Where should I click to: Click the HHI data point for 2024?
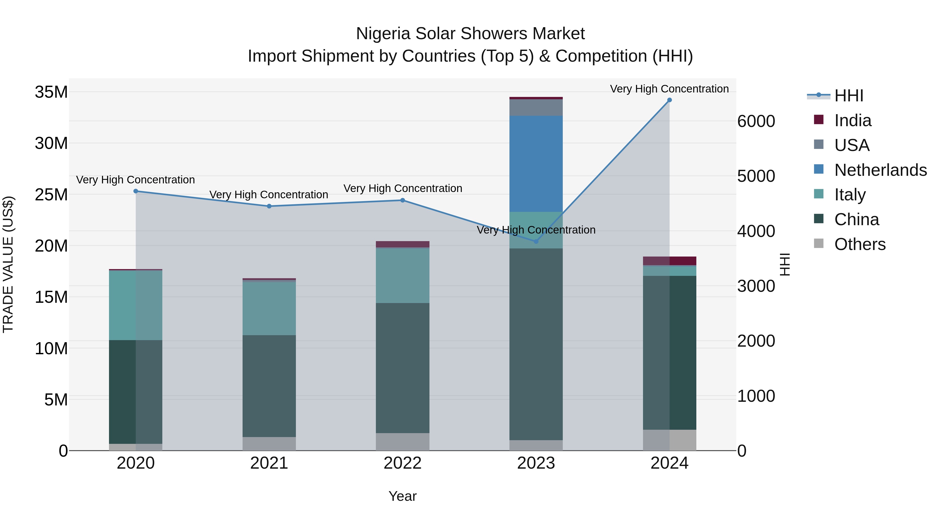[x=669, y=100]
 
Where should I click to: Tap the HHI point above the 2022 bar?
[x=403, y=200]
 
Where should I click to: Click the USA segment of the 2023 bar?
[x=536, y=107]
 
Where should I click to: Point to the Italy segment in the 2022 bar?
[x=403, y=276]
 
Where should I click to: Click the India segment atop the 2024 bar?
[x=682, y=261]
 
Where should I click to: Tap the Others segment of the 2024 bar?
[x=682, y=440]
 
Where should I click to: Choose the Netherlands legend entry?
[x=880, y=170]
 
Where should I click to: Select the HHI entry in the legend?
[x=848, y=96]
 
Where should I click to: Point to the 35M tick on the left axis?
[x=51, y=92]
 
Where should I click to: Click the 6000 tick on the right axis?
[x=756, y=121]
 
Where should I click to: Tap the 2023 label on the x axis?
[x=536, y=463]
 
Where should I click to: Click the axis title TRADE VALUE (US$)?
[x=8, y=264]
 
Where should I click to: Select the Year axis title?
[x=403, y=496]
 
